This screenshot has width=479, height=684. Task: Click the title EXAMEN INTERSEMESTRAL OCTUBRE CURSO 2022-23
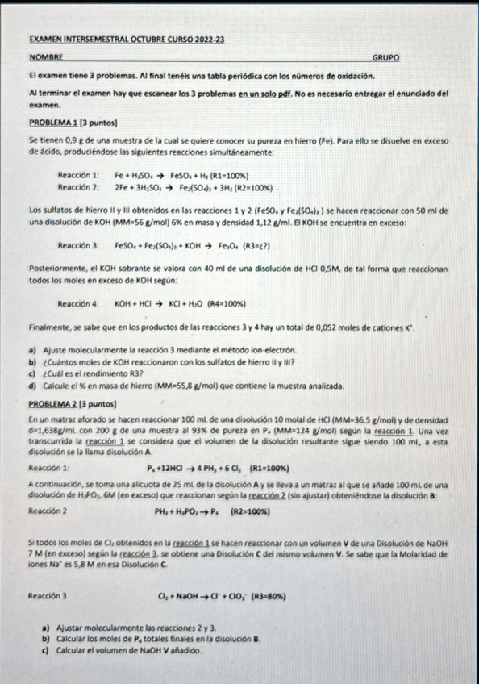(126, 38)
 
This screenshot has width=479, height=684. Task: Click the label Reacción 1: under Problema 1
(78, 175)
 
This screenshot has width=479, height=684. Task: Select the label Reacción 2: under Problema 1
(78, 186)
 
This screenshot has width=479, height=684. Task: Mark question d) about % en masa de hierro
(185, 386)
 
